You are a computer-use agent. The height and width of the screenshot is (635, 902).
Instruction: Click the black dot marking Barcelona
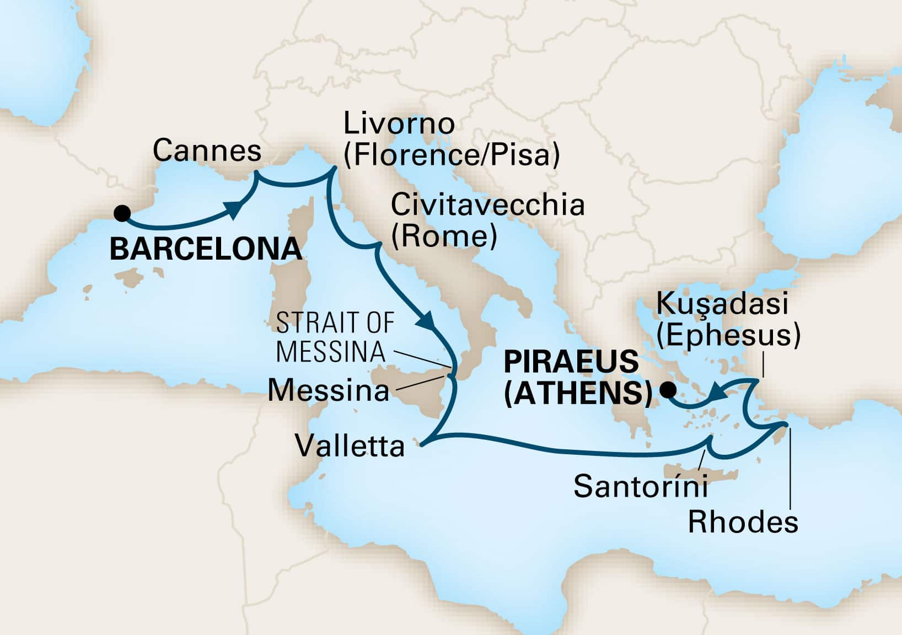tap(121, 213)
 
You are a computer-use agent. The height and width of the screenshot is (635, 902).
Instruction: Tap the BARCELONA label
tap(206, 249)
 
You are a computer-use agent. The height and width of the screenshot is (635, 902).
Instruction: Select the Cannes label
tap(207, 150)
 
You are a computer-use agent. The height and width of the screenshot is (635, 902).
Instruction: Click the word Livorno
tap(399, 123)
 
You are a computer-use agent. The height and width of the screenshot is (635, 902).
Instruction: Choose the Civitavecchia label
tap(487, 205)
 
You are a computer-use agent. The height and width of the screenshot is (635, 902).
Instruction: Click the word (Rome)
tap(444, 236)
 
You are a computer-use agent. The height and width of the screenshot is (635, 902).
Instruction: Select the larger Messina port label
tap(328, 391)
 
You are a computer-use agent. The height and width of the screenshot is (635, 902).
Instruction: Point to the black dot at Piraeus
tap(668, 391)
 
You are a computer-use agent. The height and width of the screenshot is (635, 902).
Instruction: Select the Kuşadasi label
tap(723, 304)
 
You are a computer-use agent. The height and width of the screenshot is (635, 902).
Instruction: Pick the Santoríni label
tap(641, 487)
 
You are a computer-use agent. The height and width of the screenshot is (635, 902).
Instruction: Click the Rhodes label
tap(743, 521)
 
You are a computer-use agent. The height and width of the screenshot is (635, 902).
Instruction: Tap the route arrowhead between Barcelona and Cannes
tap(235, 209)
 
